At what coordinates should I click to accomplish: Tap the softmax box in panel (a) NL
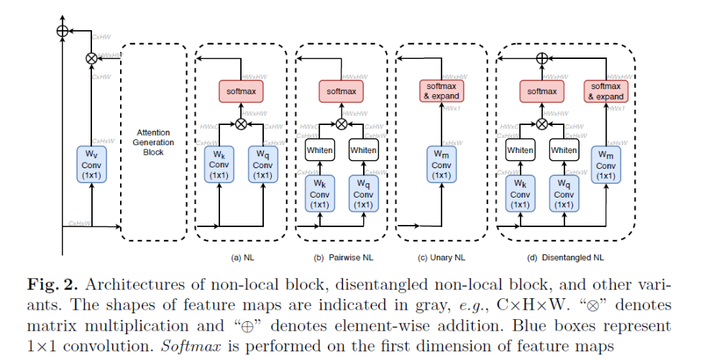240,92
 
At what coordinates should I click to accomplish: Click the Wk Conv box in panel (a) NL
218,165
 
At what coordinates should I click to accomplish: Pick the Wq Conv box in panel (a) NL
263,165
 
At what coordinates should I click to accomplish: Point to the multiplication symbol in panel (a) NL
241,124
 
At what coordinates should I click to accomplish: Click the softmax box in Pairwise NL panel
341,92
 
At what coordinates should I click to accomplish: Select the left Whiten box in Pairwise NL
319,150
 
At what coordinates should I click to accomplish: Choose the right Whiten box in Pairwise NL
363,150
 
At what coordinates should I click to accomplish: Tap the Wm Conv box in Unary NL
439,165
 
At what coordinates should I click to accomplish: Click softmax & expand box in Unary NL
439,91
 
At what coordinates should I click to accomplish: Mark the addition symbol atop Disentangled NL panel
543,57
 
